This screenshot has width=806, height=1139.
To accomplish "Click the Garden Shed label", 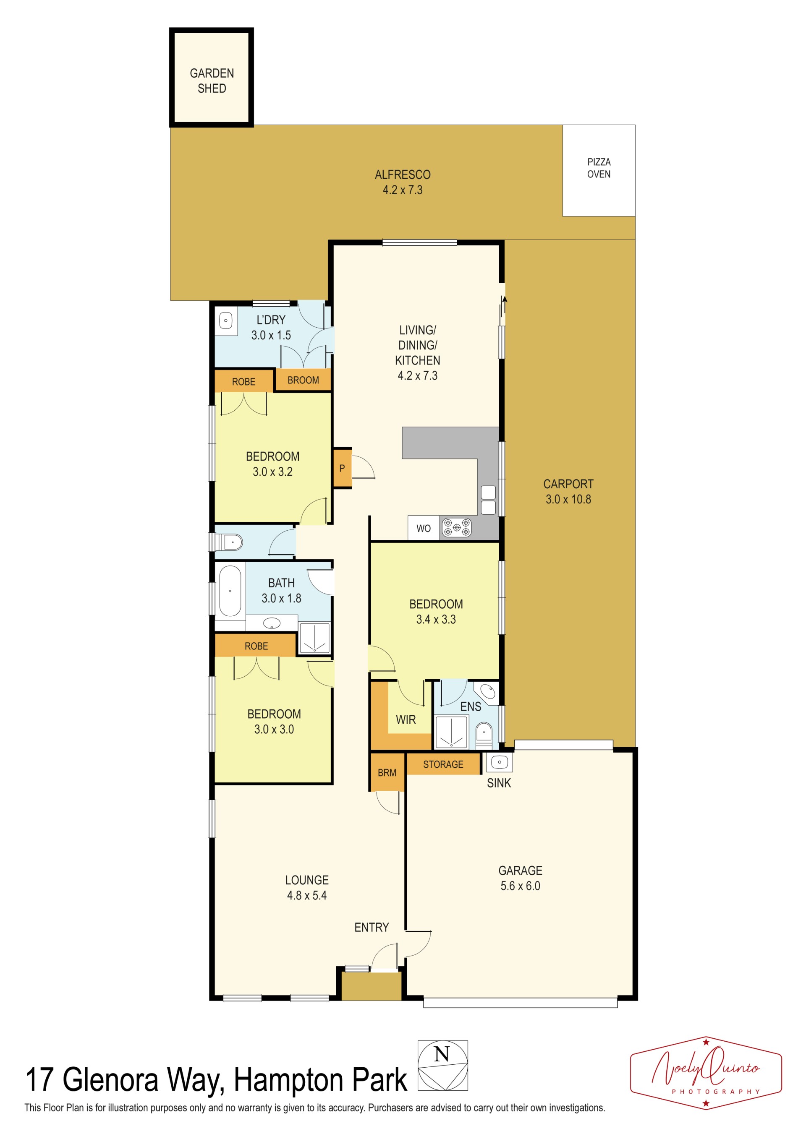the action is [x=212, y=81].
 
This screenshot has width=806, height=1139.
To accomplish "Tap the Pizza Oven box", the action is [x=599, y=170].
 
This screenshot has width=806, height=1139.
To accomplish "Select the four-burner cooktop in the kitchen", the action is [x=457, y=527].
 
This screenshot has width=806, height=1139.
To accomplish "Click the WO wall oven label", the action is [x=423, y=528].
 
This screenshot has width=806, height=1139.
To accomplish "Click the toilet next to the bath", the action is [x=229, y=542].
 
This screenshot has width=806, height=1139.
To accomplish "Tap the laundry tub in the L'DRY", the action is [x=226, y=321].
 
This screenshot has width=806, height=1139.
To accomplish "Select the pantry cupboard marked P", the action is [x=342, y=468].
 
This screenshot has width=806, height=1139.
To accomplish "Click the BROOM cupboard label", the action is [x=303, y=380].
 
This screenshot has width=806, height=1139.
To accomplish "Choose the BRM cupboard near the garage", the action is [x=387, y=773].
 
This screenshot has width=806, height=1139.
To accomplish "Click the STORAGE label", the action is [x=443, y=764].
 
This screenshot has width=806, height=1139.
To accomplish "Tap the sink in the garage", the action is [x=499, y=762].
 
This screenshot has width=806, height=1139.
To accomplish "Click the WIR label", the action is [x=406, y=719].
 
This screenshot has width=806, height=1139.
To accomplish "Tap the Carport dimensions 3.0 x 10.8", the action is [x=568, y=499].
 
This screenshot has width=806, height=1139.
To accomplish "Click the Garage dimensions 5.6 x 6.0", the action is [x=520, y=886].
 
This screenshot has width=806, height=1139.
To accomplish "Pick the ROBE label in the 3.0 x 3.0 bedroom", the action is [x=256, y=646].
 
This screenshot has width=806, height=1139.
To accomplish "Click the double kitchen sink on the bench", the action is [x=488, y=500].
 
